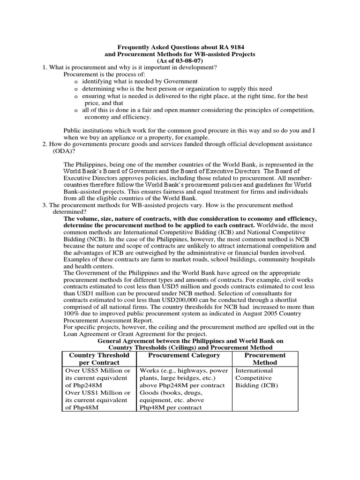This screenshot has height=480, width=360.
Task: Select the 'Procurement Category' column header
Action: click(x=184, y=355)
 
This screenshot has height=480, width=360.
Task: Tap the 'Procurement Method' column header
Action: click(x=265, y=359)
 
